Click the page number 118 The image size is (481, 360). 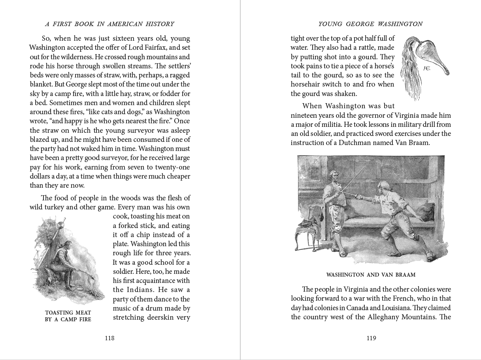click(x=109, y=338)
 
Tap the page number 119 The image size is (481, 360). click(x=371, y=338)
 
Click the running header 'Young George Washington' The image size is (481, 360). click(x=370, y=24)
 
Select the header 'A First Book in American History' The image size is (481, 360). click(x=109, y=24)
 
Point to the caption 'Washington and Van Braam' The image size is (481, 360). click(x=371, y=275)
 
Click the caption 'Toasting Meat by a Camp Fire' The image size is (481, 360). click(x=68, y=316)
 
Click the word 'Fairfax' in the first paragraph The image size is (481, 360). click(x=155, y=47)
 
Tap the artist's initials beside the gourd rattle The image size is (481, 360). click(x=426, y=68)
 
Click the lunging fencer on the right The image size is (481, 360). click(x=391, y=217)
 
